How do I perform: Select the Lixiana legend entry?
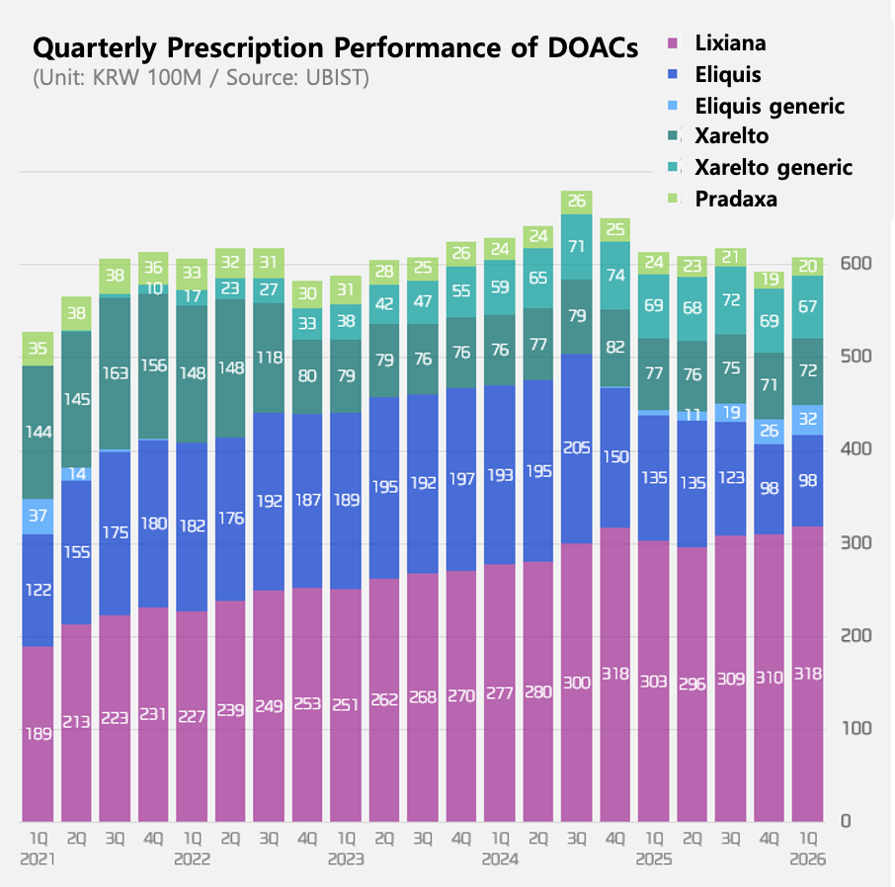729,42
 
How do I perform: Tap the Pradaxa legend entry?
735,199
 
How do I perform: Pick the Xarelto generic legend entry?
773,167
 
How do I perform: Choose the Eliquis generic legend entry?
769,105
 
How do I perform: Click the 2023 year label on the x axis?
346,859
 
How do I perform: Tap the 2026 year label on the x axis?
806,859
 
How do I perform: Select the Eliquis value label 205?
576,447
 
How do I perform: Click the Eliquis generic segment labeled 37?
39,516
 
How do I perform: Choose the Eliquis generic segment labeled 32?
806,419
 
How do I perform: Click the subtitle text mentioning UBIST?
201,78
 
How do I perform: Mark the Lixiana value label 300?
576,682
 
